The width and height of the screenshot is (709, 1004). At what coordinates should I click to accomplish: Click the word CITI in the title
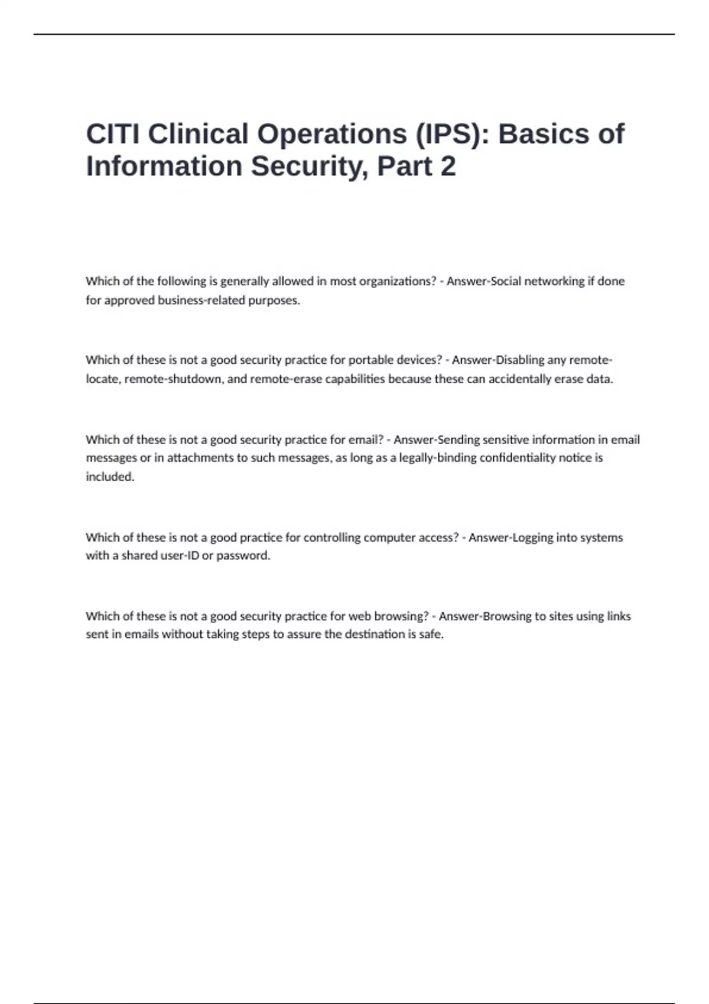pyautogui.click(x=113, y=134)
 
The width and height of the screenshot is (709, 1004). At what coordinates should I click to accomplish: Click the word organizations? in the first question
pyautogui.click(x=398, y=281)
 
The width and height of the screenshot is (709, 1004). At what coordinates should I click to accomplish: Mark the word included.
pyautogui.click(x=110, y=477)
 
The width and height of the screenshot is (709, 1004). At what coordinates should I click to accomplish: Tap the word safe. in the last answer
pyautogui.click(x=431, y=634)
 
